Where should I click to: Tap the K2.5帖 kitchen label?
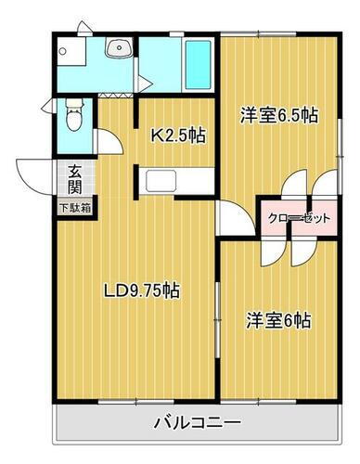coord(178,136)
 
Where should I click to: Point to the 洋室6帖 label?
coord(278,320)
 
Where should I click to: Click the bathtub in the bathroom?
coord(196,61)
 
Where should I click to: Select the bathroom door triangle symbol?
coord(145,83)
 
